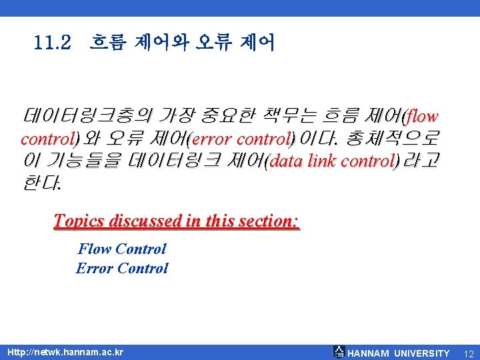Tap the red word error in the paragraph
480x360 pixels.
[x=214, y=139]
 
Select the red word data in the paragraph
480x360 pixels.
[x=288, y=161]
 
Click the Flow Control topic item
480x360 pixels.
[x=122, y=249]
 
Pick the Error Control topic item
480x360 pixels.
[x=122, y=269]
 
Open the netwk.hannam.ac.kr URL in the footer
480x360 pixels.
[x=65, y=352]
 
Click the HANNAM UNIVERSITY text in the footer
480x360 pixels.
[x=399, y=353]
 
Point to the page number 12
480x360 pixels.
[x=467, y=353]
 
